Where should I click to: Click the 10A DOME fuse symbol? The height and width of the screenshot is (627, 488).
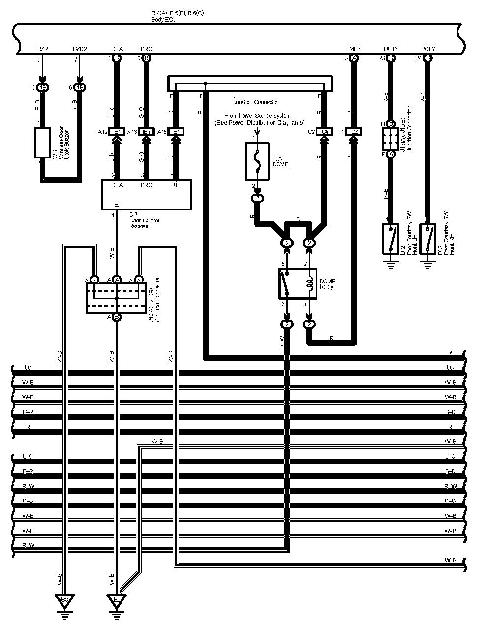click(257, 160)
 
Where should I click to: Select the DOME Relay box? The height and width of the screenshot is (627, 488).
click(298, 283)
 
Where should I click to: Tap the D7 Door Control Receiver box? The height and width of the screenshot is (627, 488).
click(146, 194)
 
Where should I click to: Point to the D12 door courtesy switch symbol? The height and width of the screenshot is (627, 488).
click(390, 239)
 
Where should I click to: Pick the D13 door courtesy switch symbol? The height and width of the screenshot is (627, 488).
click(427, 239)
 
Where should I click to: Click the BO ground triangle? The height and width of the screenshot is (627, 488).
click(64, 600)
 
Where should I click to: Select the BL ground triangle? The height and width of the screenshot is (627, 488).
click(116, 600)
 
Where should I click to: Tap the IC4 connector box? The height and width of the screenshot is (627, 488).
click(323, 132)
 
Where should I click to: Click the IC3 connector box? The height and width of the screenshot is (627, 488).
click(353, 132)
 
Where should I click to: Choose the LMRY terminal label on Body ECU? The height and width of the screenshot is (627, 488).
click(353, 49)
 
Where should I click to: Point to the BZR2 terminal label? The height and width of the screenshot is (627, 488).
click(79, 49)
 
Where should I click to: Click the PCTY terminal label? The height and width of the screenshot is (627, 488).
click(427, 49)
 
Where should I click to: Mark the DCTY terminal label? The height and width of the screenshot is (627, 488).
click(391, 49)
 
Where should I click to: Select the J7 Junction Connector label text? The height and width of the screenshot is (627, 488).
click(255, 99)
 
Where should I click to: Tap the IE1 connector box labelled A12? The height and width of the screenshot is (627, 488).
click(117, 132)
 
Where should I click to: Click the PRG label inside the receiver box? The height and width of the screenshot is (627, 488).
click(146, 185)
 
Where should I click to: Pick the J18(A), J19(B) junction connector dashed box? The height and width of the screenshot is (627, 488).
click(391, 139)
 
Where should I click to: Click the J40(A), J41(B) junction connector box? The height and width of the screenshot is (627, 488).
click(117, 298)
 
